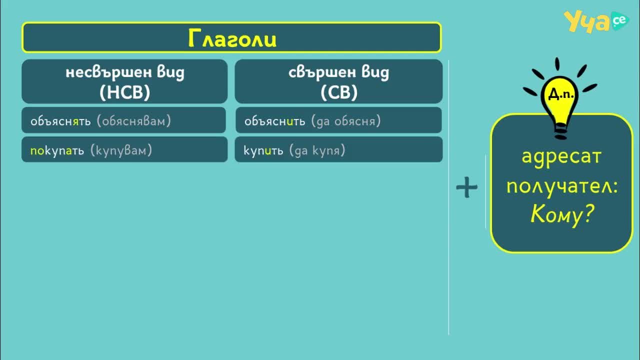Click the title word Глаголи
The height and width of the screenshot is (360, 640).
point(232,38)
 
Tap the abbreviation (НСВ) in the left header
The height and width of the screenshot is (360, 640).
point(125,92)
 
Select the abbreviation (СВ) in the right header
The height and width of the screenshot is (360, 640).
point(339,92)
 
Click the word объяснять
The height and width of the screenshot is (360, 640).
point(60,121)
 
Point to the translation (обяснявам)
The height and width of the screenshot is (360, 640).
point(134,121)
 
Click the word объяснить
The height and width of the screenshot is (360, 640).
point(274,121)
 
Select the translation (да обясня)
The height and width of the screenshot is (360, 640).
point(346,121)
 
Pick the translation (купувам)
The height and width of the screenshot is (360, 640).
point(121,150)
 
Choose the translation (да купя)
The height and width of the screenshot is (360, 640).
point(317,150)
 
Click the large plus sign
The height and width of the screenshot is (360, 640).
point(467,187)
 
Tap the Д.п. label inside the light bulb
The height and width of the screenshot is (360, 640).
point(561,94)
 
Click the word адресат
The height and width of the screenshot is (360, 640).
point(561,157)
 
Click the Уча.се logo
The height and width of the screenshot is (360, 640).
point(596,21)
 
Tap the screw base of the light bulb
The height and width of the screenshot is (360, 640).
point(560,131)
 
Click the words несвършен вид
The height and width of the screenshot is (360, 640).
point(125,72)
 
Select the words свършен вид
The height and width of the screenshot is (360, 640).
point(339,72)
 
